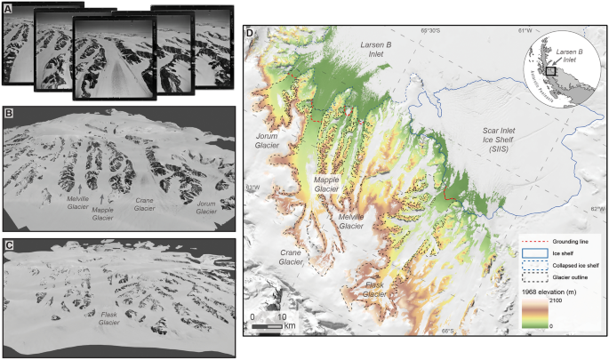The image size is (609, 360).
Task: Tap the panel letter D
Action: tap(250, 35)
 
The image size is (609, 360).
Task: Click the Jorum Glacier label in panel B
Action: tap(206, 207)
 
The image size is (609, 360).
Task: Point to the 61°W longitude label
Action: tap(529, 33)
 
